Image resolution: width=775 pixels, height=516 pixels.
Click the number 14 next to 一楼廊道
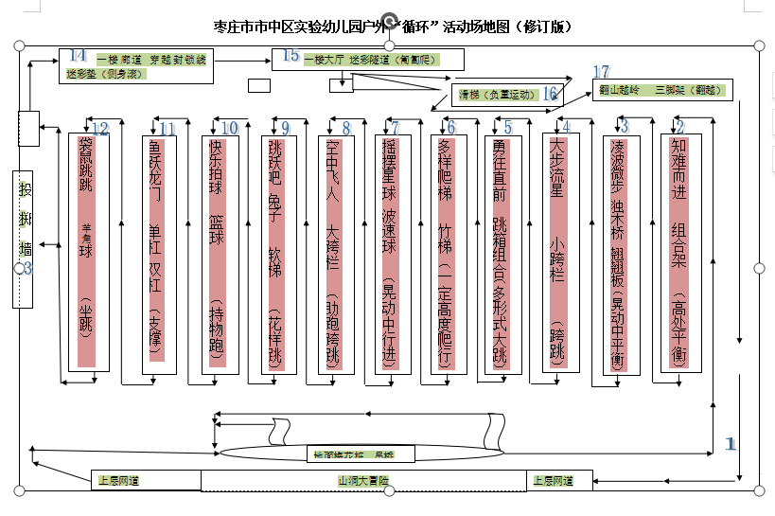click(x=78, y=55)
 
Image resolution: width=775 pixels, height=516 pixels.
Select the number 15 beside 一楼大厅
click(x=290, y=56)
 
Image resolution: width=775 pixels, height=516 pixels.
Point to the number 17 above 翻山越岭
click(x=601, y=73)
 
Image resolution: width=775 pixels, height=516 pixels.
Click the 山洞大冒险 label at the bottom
click(x=363, y=481)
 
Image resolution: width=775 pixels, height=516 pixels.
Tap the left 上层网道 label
click(x=119, y=481)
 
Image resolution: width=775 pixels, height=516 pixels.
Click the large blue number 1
click(x=729, y=442)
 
